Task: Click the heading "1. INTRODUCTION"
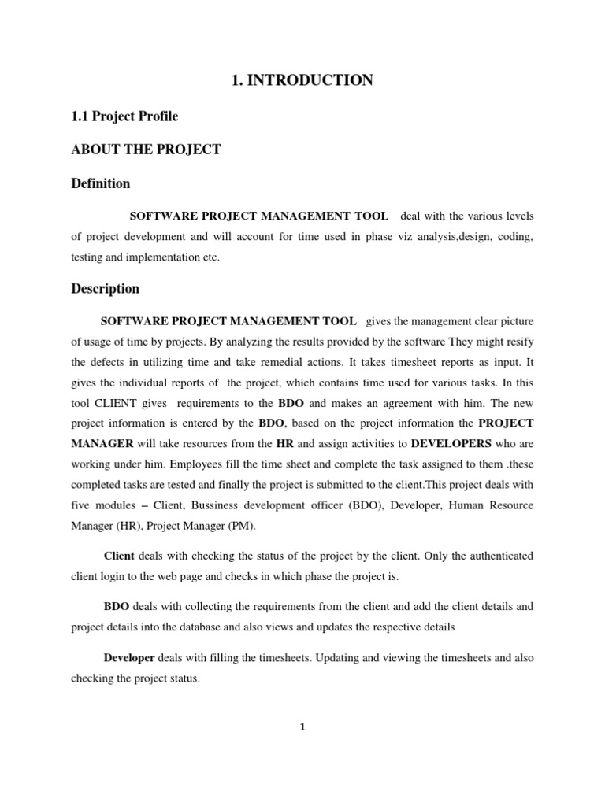point(302,80)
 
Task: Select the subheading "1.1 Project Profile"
point(124,116)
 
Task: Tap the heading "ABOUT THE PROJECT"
point(146,150)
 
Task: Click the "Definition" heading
point(101,183)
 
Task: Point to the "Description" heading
point(105,288)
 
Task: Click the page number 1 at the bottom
point(302,727)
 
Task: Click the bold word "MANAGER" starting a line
point(102,443)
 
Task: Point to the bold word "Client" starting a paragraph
point(119,556)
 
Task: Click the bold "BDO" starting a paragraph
point(117,607)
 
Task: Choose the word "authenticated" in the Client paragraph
point(496,556)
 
